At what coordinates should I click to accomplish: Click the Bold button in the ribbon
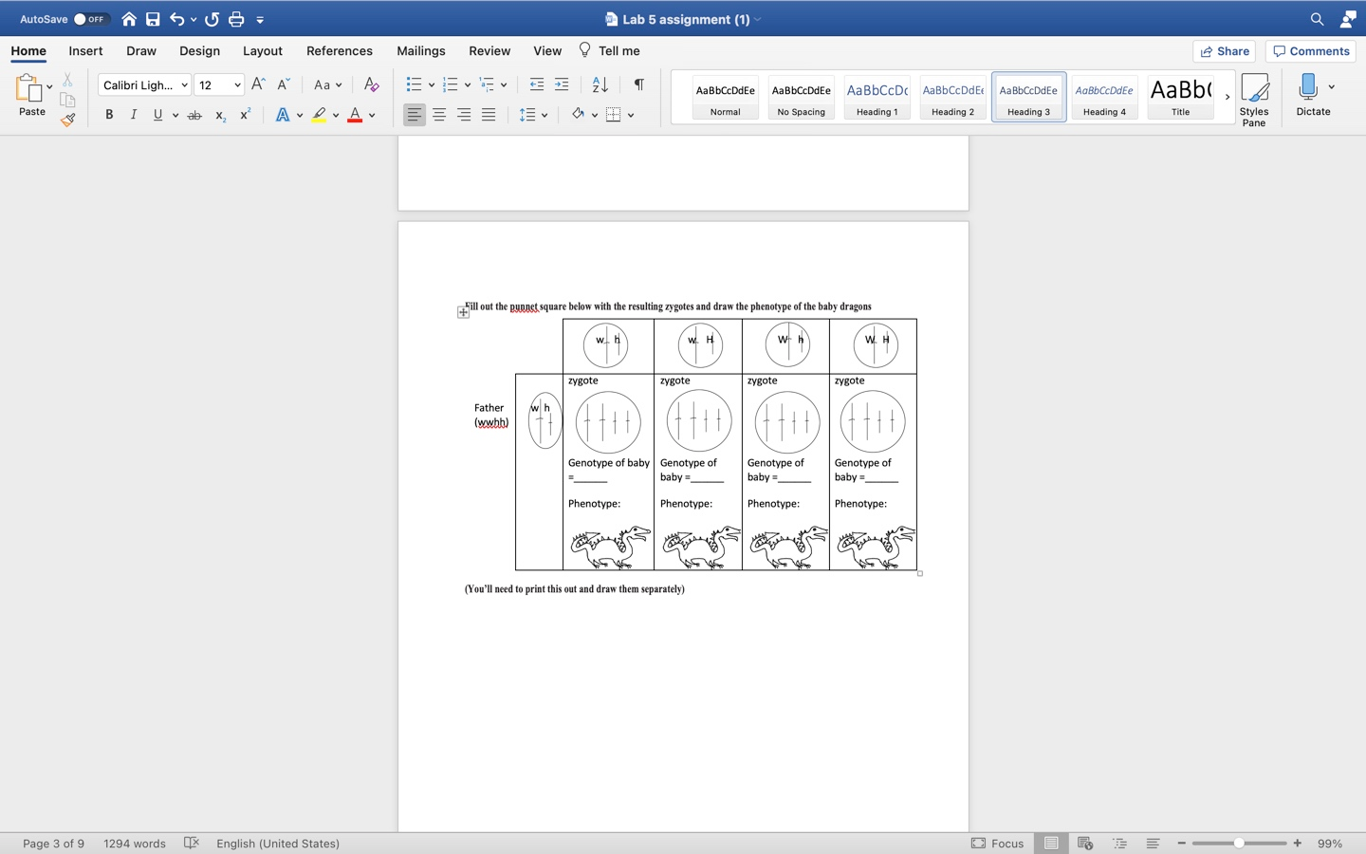pos(109,115)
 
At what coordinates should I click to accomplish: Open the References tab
pos(339,51)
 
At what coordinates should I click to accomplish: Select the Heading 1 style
pos(877,97)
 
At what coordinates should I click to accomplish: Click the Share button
pos(1224,51)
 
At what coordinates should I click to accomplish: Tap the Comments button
pos(1311,51)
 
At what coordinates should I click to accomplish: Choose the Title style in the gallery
pos(1180,97)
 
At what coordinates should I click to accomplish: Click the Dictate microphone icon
pos(1308,88)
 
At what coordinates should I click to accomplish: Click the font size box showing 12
pos(211,85)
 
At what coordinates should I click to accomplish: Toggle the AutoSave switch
pos(91,19)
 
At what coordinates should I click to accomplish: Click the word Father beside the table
pos(489,408)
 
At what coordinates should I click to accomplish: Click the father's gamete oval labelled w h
pos(545,420)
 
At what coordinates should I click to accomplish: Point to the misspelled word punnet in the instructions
pos(524,306)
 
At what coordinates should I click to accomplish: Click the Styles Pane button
pos(1254,99)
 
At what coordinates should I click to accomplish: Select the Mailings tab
pos(420,51)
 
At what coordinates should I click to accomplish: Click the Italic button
pos(134,115)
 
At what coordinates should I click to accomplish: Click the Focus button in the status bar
pos(997,843)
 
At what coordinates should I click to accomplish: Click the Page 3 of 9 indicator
pos(53,843)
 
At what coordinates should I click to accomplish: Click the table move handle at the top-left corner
pos(463,312)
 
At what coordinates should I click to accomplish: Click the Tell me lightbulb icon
pos(584,50)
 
